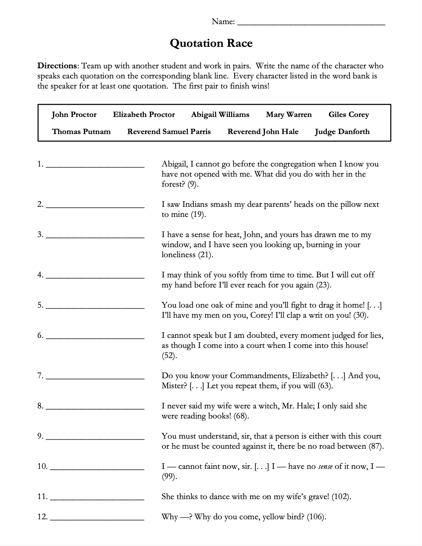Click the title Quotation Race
pyautogui.click(x=211, y=43)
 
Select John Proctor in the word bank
pyautogui.click(x=74, y=115)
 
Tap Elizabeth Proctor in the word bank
pyautogui.click(x=144, y=115)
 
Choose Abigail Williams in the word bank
pyautogui.click(x=220, y=115)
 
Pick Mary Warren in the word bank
pyautogui.click(x=289, y=115)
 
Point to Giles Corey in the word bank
pyautogui.click(x=349, y=115)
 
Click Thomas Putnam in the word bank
pyautogui.click(x=81, y=132)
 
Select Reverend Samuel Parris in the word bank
pyautogui.click(x=169, y=132)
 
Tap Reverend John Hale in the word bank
pyautogui.click(x=263, y=132)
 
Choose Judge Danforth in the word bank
pyautogui.click(x=342, y=132)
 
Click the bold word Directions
pyautogui.click(x=57, y=66)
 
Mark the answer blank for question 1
pyautogui.click(x=95, y=166)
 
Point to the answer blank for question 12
pyautogui.click(x=97, y=519)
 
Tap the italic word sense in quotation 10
pyautogui.click(x=325, y=467)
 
